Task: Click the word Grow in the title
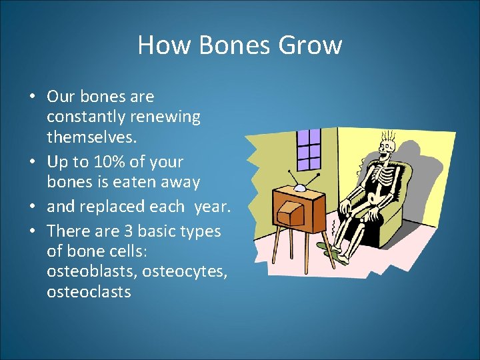[x=311, y=45]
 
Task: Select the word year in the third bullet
[x=211, y=206]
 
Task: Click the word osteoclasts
[x=89, y=293]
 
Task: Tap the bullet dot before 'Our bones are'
[x=32, y=97]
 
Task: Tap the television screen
[x=291, y=214]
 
